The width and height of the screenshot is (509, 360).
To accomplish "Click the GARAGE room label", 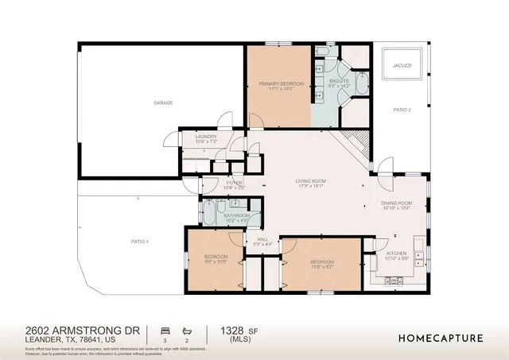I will click(163, 103).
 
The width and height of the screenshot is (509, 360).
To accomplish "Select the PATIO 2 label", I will click(403, 110).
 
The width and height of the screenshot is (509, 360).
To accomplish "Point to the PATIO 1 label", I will click(140, 241).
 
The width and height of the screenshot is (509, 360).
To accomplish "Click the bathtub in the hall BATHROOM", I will click(209, 212).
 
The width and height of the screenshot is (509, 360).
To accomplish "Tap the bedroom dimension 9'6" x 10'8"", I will click(216, 261).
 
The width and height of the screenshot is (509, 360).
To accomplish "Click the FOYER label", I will click(234, 183).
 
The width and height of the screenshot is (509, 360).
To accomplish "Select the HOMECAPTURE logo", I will click(440, 337).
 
